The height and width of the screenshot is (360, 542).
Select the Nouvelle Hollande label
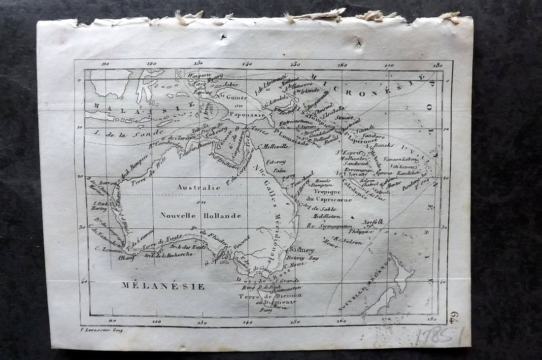[201, 215]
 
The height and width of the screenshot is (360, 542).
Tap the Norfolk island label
[373, 222]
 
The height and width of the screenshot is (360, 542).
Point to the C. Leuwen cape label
[104, 249]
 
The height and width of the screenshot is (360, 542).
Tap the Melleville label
[275, 146]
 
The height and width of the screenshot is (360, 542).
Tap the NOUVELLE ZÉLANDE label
[365, 286]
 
